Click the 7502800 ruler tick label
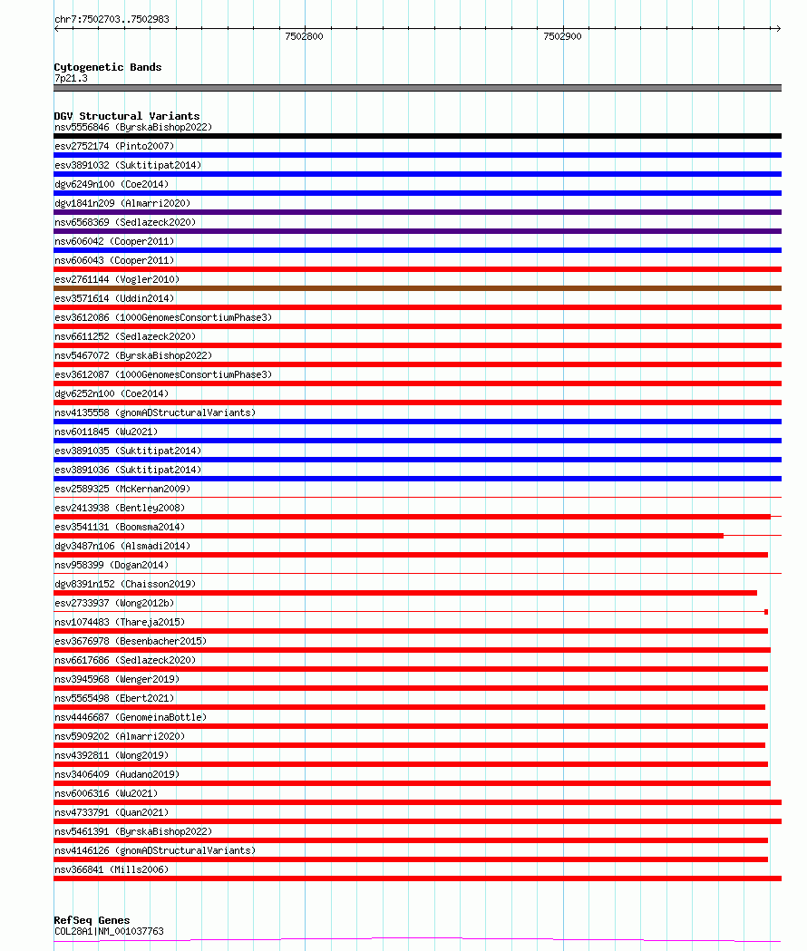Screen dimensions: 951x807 pyautogui.click(x=304, y=36)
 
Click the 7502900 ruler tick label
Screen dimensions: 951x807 pyautogui.click(x=562, y=36)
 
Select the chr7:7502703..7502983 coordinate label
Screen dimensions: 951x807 pyautogui.click(x=112, y=19)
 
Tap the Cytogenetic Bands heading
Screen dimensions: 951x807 pyautogui.click(x=107, y=67)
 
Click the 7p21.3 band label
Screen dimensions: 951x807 pyautogui.click(x=71, y=78)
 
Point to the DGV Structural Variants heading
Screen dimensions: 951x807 pyautogui.click(x=126, y=116)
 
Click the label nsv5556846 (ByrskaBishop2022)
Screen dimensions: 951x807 pyautogui.click(x=132, y=127)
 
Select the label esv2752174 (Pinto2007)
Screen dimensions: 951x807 pyautogui.click(x=114, y=146)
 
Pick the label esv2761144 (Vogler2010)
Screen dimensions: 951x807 pyautogui.click(x=117, y=279)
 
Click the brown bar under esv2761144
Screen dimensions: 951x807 pyautogui.click(x=417, y=288)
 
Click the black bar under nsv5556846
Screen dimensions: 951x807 pyautogui.click(x=417, y=136)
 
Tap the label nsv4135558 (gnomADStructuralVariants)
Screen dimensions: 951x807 pyautogui.click(x=155, y=412)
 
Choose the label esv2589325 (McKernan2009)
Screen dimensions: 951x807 pyautogui.click(x=122, y=489)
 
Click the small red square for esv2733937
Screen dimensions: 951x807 pyautogui.click(x=766, y=612)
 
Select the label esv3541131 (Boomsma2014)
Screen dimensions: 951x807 pyautogui.click(x=120, y=527)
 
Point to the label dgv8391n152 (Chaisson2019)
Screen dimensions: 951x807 pyautogui.click(x=124, y=584)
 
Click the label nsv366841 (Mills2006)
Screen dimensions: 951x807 pyautogui.click(x=112, y=869)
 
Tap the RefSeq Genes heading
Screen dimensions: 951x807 pyautogui.click(x=92, y=920)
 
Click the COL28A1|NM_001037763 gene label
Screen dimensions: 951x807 pyautogui.click(x=109, y=931)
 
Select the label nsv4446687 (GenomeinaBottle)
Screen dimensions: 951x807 pyautogui.click(x=131, y=717)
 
